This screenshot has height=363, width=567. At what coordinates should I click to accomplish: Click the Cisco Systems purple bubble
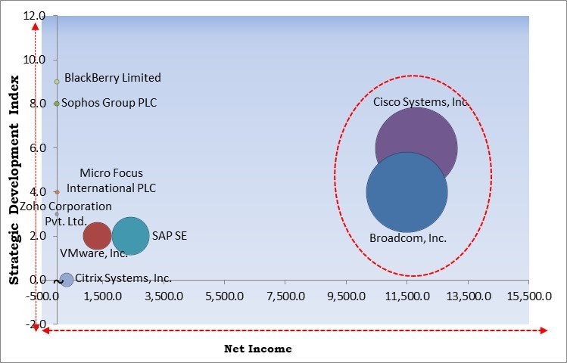pyautogui.click(x=417, y=136)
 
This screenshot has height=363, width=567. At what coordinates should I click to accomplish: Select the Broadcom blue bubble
pyautogui.click(x=407, y=192)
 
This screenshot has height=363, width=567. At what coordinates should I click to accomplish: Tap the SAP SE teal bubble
pyautogui.click(x=131, y=236)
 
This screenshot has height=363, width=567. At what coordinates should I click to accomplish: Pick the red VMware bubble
pyautogui.click(x=97, y=236)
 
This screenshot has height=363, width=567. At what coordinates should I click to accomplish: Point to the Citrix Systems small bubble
pyautogui.click(x=67, y=280)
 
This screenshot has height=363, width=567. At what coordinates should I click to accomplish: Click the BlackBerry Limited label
pyautogui.click(x=113, y=77)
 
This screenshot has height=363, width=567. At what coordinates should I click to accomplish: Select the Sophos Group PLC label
pyautogui.click(x=109, y=103)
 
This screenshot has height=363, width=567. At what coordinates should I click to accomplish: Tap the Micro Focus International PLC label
pyautogui.click(x=111, y=180)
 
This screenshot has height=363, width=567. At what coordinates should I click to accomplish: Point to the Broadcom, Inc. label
pyautogui.click(x=408, y=238)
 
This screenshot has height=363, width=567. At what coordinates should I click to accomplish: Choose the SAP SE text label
pyautogui.click(x=170, y=236)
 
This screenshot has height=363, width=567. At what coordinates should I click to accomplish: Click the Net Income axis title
pyautogui.click(x=257, y=349)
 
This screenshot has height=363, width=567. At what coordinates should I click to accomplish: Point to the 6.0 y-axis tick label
pyautogui.click(x=37, y=147)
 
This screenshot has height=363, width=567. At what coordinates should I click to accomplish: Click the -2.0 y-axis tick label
pyautogui.click(x=36, y=324)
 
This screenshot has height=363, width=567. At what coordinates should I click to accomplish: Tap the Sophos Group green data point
pyautogui.click(x=57, y=104)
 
